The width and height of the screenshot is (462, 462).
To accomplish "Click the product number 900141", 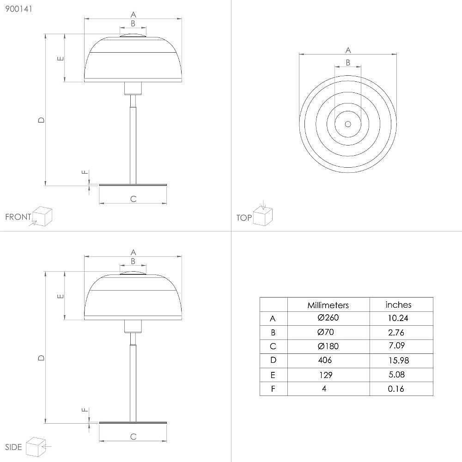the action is [18, 9].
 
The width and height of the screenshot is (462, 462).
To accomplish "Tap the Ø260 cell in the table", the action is [328, 318].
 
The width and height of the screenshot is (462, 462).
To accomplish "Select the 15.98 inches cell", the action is [399, 360].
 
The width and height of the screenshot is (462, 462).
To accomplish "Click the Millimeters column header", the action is [328, 305].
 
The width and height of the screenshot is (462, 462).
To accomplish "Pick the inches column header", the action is [398, 304].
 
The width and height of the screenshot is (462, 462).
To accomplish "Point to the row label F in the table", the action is [273, 389].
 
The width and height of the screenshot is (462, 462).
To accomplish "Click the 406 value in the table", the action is [325, 360].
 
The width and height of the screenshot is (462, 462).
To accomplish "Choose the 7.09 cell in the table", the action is [396, 345].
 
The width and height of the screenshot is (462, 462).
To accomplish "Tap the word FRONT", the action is [18, 217].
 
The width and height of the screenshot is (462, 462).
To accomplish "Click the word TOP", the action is [244, 218].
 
